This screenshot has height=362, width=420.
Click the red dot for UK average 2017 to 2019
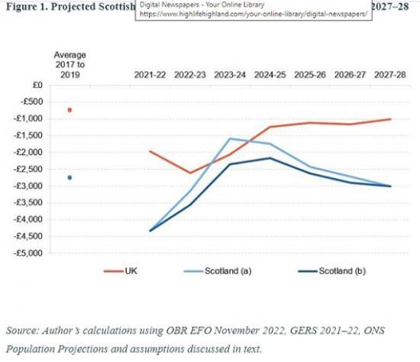pos(69,110)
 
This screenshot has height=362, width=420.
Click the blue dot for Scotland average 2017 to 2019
pos(69,177)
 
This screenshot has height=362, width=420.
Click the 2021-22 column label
pos(150,76)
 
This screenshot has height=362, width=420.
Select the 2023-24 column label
pos(230,76)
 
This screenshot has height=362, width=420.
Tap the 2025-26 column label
pos(309,76)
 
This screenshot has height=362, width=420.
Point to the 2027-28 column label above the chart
pos(390,76)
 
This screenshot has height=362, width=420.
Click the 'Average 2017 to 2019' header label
pos(69,65)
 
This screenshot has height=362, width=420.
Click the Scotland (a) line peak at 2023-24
pos(230,138)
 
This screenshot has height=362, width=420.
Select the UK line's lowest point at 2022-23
pos(190,173)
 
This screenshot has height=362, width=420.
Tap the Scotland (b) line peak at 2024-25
pos(270,158)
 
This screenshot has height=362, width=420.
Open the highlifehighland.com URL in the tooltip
pos(252,14)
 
